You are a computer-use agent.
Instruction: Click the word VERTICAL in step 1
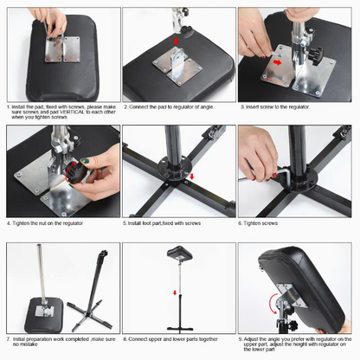click(72, 112)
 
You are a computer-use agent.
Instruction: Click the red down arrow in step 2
click(176, 42)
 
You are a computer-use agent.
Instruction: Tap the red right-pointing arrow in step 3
click(278, 62)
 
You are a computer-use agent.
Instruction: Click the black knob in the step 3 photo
click(316, 53)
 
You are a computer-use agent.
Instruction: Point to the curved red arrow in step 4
click(67, 173)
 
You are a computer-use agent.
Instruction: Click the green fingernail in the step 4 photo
click(85, 160)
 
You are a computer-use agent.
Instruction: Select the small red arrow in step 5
click(192, 176)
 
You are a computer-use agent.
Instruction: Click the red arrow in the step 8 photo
click(175, 292)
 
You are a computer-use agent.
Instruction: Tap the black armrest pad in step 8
click(179, 254)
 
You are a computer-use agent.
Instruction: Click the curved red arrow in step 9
click(272, 304)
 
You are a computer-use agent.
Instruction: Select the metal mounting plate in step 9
click(291, 295)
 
